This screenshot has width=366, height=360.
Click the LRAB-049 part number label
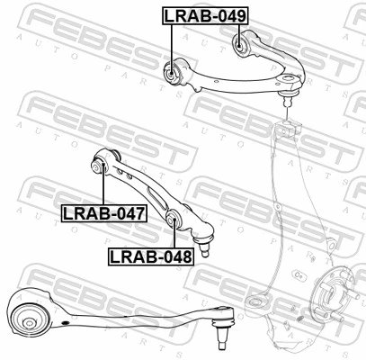click(205, 15)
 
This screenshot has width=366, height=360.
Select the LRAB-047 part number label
click(104, 213)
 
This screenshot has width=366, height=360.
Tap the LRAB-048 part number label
click(151, 256)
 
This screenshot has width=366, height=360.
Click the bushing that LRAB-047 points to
click(98, 166)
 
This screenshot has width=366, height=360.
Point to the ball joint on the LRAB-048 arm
click(204, 245)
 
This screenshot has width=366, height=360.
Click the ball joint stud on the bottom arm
click(221, 332)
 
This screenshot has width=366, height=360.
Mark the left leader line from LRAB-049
click(172, 49)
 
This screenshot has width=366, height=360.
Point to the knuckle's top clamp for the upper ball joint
click(287, 129)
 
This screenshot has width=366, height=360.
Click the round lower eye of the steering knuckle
click(255, 302)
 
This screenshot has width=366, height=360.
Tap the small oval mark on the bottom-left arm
click(65, 323)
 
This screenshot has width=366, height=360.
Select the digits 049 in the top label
click(231, 15)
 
